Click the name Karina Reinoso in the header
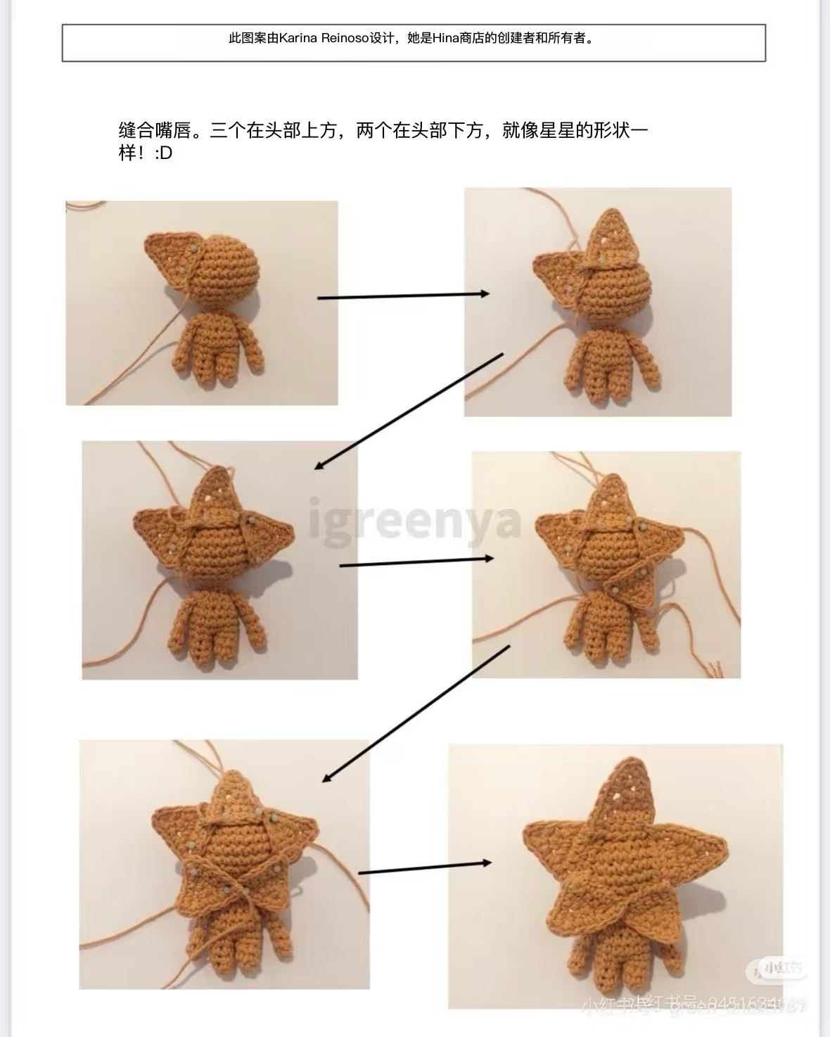(324, 39)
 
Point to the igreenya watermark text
(415, 521)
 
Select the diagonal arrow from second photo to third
(409, 412)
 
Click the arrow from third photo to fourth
(416, 561)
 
